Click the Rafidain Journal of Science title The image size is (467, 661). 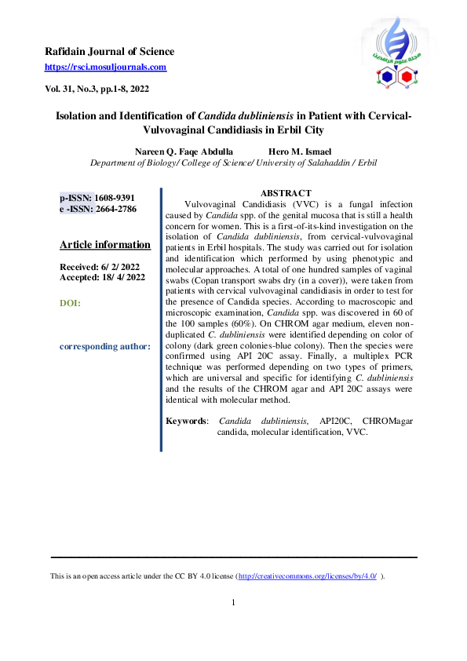109,52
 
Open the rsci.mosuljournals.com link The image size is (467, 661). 105,68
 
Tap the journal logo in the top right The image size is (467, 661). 395,52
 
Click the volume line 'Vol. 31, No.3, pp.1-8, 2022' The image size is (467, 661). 97,89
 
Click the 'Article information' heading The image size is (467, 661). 105,244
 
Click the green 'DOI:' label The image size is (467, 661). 70,302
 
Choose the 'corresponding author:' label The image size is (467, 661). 105,346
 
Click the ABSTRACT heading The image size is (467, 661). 286,193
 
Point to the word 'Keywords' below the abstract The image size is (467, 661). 186,422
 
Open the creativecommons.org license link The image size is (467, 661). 307,576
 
